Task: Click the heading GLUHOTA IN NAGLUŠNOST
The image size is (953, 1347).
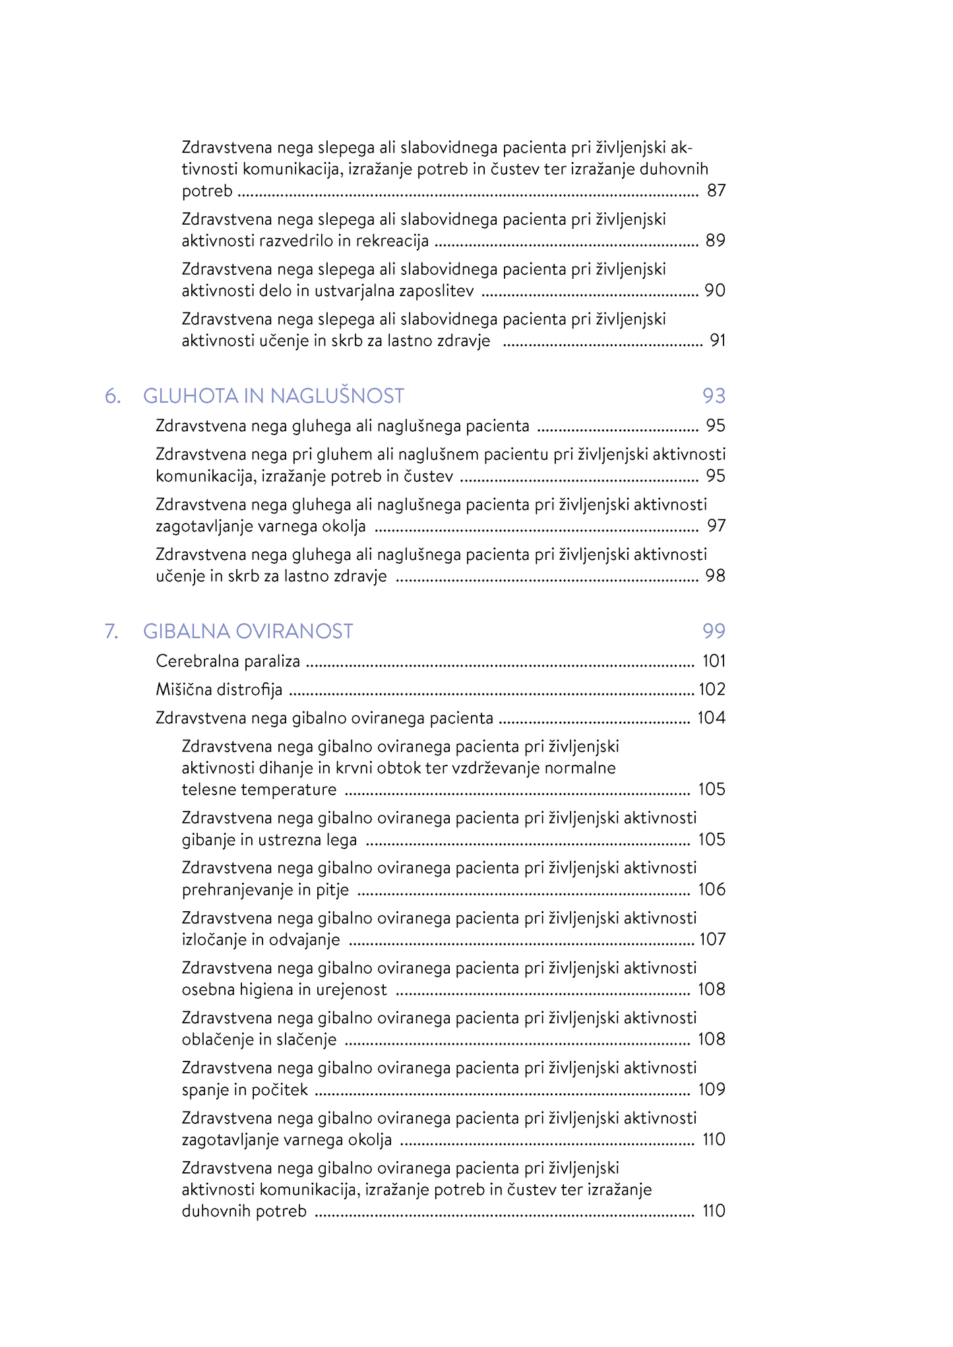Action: tap(273, 396)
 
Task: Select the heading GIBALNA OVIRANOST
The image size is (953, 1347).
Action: tap(248, 631)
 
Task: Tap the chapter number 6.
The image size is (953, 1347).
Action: tap(113, 396)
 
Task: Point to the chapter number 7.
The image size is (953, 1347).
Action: tap(112, 631)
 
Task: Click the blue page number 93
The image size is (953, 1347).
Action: tap(714, 396)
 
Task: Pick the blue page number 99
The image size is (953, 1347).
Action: tap(714, 631)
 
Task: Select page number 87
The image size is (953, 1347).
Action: tap(716, 191)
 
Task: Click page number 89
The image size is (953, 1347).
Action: tap(715, 240)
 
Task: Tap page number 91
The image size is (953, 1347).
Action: tap(717, 340)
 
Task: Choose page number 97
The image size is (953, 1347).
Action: tap(716, 525)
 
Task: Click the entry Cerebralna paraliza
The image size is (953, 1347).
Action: tap(228, 661)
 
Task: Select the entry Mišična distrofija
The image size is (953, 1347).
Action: tap(219, 689)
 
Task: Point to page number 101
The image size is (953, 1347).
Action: tap(714, 661)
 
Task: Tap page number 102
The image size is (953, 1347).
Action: tap(712, 689)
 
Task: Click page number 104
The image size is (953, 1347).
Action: tap(711, 717)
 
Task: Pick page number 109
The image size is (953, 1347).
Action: tap(712, 1089)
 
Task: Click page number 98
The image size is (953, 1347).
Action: tap(715, 576)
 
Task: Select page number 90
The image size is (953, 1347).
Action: tap(715, 290)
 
